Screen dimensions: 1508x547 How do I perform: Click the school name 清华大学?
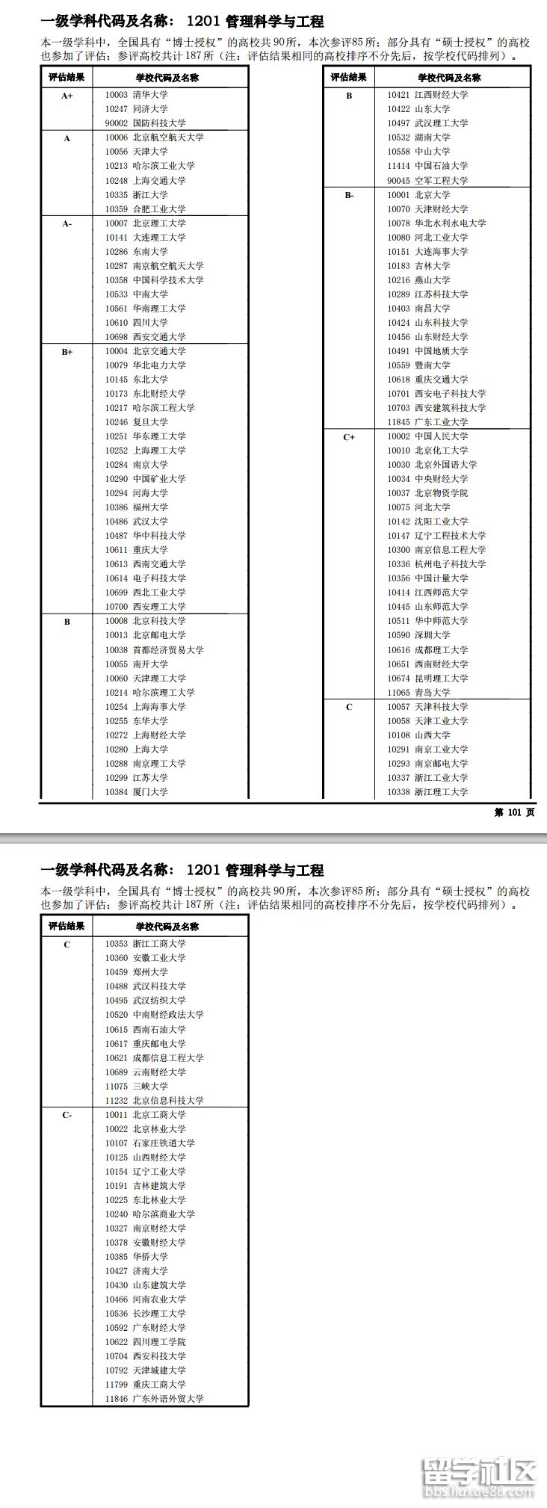150,95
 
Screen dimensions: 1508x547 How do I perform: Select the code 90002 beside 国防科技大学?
116,123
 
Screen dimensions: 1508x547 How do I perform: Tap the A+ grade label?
67,96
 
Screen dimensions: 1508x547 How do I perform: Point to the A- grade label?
67,223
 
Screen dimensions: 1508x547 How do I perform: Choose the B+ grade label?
67,351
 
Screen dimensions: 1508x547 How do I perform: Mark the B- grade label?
349,195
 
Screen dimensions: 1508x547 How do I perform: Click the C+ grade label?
349,437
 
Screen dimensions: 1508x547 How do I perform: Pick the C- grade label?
67,1115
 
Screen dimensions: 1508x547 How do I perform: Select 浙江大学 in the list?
150,195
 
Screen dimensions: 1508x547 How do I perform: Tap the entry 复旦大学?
150,422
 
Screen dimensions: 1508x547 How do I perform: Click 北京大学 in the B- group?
433,195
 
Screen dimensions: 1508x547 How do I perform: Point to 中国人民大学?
442,436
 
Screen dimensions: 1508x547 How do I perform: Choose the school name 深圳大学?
433,635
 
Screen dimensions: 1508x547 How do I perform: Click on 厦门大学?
150,792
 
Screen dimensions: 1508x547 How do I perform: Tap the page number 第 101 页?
514,813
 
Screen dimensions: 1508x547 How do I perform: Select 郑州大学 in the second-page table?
150,972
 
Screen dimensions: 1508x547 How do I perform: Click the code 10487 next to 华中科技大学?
116,536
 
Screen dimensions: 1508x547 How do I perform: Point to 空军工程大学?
442,181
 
